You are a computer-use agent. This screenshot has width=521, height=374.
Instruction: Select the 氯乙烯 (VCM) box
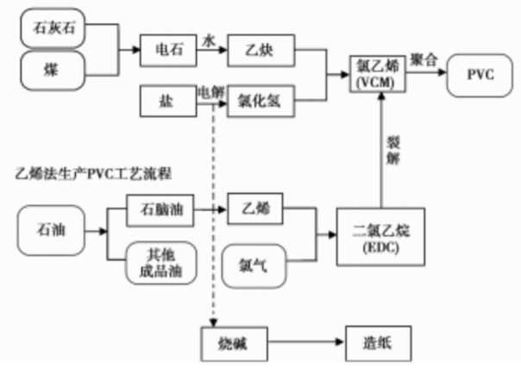pyautogui.click(x=377, y=73)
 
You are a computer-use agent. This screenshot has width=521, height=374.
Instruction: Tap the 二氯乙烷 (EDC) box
pyautogui.click(x=380, y=234)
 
